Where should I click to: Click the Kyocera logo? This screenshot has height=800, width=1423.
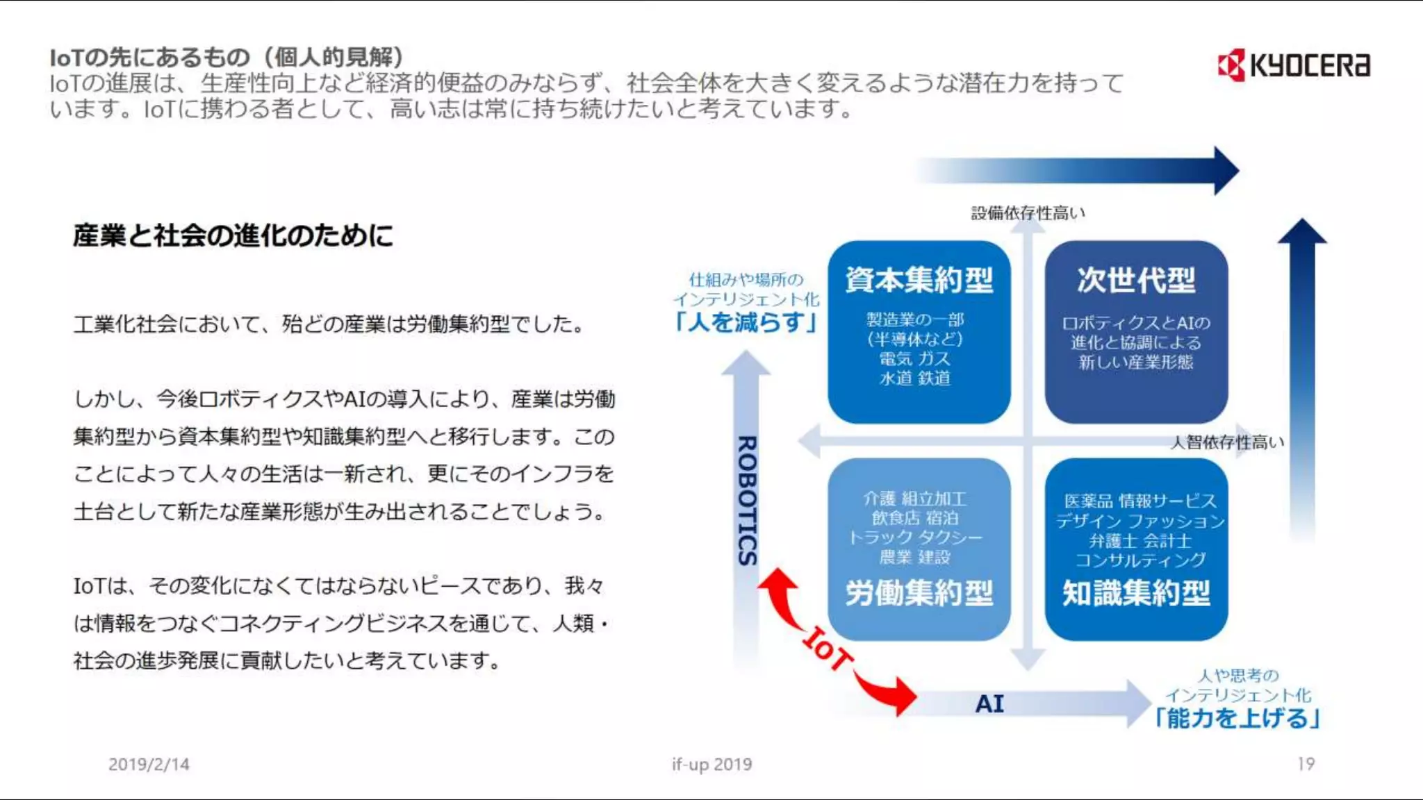coord(1294,65)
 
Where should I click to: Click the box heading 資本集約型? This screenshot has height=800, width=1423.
coord(919,280)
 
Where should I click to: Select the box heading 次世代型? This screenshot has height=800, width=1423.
coord(1136,280)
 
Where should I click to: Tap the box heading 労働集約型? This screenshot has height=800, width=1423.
coord(919,593)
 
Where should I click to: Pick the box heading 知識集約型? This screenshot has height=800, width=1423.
coord(1136,593)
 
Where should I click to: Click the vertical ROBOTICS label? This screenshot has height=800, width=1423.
coord(747,500)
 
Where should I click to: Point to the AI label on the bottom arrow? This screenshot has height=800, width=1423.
coord(989,703)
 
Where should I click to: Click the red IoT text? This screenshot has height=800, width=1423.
coord(827,648)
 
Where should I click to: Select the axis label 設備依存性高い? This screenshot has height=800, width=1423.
coord(1028,213)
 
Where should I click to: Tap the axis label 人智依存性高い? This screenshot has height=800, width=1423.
coord(1227,442)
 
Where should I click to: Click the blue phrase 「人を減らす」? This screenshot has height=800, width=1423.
coord(746,322)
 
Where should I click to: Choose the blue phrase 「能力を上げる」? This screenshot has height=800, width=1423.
coord(1237,718)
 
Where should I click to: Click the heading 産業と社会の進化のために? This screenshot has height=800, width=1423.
coord(233,235)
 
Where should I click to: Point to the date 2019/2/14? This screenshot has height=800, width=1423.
coord(149,764)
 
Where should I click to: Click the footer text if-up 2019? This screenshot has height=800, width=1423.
coord(711,764)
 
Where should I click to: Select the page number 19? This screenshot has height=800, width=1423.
coord(1306,764)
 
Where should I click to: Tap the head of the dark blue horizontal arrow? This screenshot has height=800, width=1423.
coord(1226,170)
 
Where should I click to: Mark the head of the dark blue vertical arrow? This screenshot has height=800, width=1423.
coord(1302,232)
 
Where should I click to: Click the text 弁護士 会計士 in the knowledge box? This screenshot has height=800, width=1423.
coord(1140,540)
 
